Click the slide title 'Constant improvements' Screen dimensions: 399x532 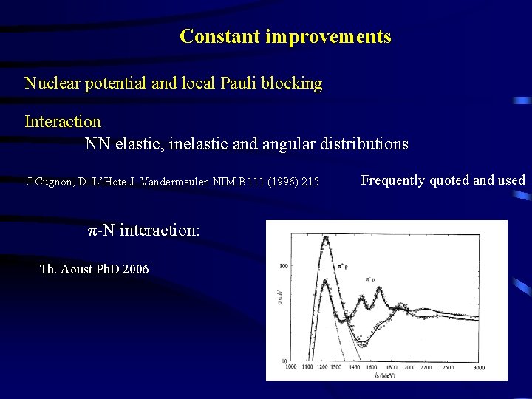click(285, 36)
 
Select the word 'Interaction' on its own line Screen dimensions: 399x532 click(63, 120)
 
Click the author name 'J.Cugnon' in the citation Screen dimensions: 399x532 click(48, 181)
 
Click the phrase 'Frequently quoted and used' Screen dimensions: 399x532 click(443, 180)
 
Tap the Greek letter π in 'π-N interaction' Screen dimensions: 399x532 click(93, 230)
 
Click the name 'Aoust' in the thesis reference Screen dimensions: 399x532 click(78, 269)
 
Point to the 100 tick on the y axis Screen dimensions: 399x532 click(284, 265)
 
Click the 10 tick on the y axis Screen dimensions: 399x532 click(284, 360)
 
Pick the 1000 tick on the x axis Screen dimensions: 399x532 click(290, 367)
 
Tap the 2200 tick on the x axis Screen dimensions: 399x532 click(428, 367)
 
